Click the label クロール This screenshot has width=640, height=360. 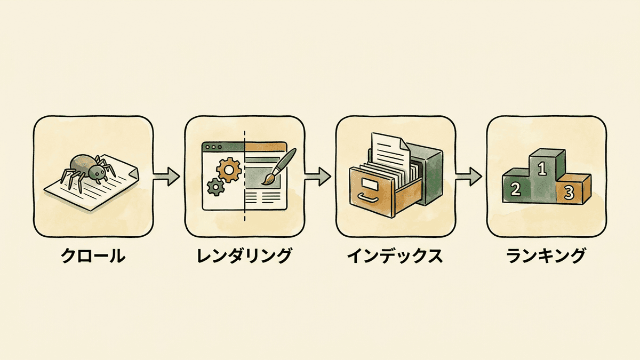pyautogui.click(x=93, y=255)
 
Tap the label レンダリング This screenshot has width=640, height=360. pyautogui.click(x=244, y=255)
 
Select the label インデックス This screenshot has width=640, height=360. pyautogui.click(x=395, y=255)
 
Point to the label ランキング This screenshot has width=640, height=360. pyautogui.click(x=546, y=255)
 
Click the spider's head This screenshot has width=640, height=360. pyautogui.click(x=97, y=172)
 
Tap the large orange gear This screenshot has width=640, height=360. pyautogui.click(x=229, y=170)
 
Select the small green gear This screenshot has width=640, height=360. pyautogui.click(x=215, y=187)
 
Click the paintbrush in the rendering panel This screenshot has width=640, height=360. pyautogui.click(x=279, y=166)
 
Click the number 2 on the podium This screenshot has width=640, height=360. pyautogui.click(x=515, y=189)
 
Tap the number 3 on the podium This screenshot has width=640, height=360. pyautogui.click(x=569, y=193)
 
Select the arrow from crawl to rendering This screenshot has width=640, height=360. pyautogui.click(x=166, y=177)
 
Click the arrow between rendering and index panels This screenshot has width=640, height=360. pyautogui.click(x=318, y=177)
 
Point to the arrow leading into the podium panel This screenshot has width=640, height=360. pyautogui.click(x=469, y=177)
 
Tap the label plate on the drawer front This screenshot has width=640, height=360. pyautogui.click(x=370, y=183)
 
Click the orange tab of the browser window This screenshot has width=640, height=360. pyautogui.click(x=265, y=147)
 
